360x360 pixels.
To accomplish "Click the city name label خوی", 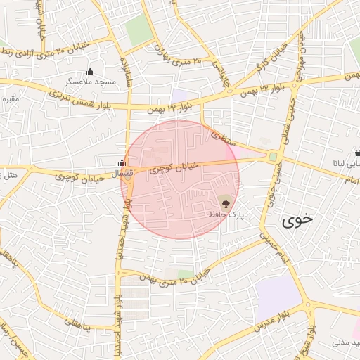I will pos(296,220).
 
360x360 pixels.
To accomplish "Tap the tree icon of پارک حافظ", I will pos(225,203).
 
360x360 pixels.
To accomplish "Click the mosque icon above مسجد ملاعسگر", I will pos(90,72).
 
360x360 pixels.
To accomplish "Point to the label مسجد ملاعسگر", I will pos(90,82).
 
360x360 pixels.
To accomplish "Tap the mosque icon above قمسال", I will pos(122,163).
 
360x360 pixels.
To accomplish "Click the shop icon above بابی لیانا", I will pos(358,152).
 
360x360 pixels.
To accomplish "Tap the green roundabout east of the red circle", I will pos(272,157).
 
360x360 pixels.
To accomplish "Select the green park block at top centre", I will pos(139,31).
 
